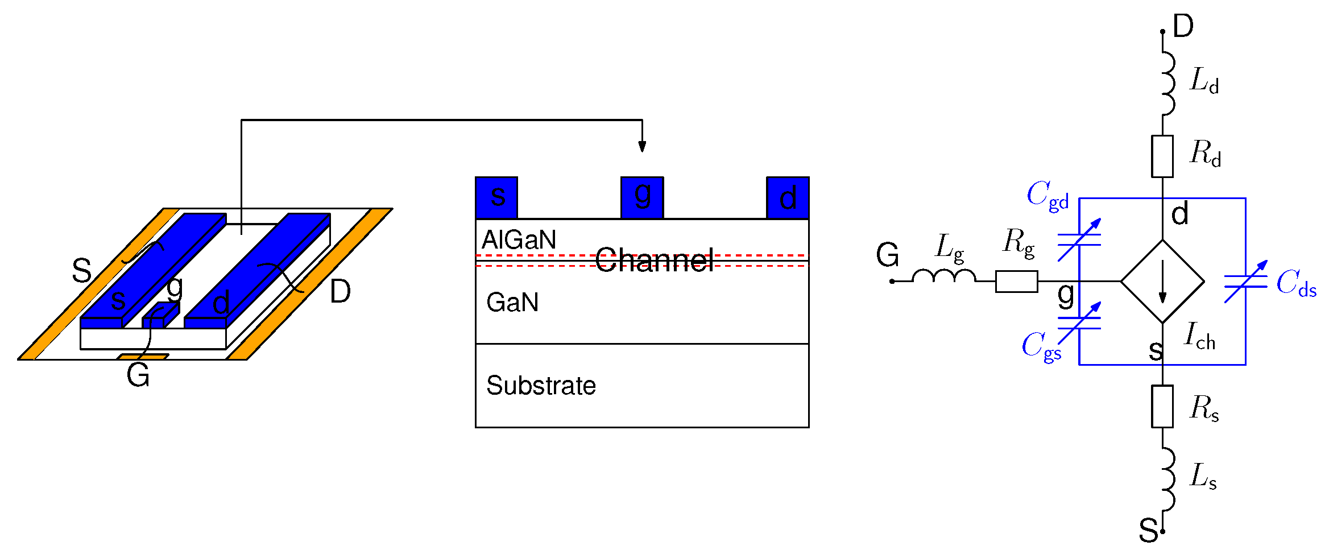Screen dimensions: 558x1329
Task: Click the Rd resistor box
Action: point(1162,156)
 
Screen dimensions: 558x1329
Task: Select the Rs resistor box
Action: point(1162,406)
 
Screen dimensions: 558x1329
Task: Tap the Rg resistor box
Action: point(1016,282)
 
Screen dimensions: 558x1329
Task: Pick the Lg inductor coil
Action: point(944,276)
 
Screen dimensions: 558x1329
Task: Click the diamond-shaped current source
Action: point(1162,282)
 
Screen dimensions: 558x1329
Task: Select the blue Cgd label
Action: point(1048,196)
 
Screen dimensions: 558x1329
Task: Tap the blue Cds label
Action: point(1296,283)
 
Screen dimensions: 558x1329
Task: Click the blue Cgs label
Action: point(1041,346)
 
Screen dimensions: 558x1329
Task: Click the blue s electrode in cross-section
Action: point(496,197)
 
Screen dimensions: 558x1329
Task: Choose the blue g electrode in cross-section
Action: point(642,197)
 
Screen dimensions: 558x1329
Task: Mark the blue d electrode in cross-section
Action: point(788,197)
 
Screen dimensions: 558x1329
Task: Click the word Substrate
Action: point(541,386)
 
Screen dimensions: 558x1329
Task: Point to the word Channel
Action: point(654,261)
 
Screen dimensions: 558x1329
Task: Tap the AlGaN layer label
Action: point(519,240)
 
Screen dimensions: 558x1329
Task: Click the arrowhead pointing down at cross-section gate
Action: point(642,146)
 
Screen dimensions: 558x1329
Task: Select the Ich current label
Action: point(1199,336)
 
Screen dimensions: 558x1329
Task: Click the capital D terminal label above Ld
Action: point(1183,26)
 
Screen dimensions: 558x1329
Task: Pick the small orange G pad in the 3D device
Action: point(143,357)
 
